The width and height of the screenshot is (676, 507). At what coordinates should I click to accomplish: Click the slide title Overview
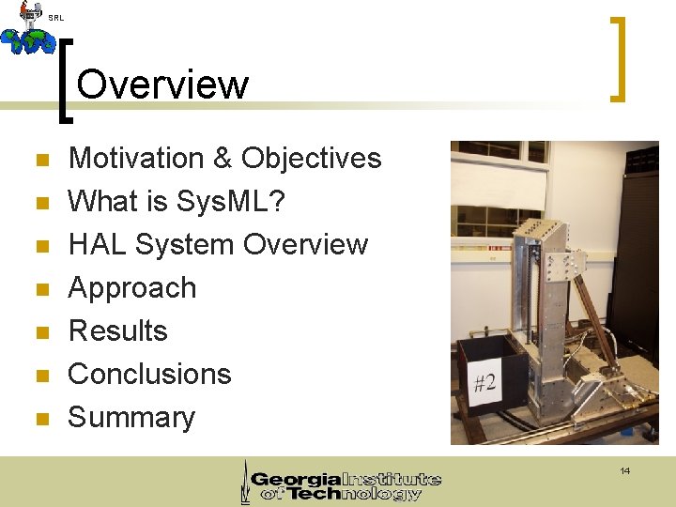tap(162, 84)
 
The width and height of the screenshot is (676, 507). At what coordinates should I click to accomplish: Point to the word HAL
tap(98, 244)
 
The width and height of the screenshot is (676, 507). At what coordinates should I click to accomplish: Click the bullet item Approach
tap(132, 288)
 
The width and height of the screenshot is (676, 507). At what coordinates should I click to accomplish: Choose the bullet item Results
tap(118, 330)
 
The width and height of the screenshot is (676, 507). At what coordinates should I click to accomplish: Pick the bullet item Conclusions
tap(149, 374)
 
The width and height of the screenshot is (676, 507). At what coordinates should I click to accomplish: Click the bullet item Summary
tap(131, 417)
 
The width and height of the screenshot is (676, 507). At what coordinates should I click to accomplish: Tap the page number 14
tap(624, 470)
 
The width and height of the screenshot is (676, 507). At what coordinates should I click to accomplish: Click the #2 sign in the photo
tap(484, 383)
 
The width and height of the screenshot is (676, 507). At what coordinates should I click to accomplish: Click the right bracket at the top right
tap(618, 58)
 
